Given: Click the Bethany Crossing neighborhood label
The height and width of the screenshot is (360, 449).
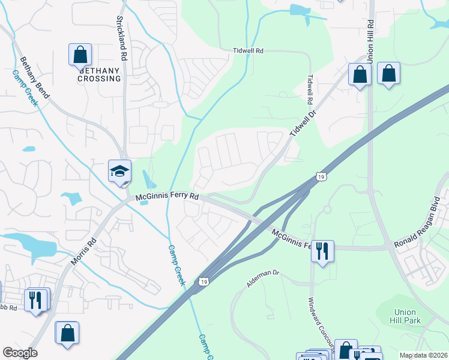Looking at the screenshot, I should tap(99, 74).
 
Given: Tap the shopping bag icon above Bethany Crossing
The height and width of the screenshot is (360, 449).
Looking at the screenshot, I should tap(80, 55).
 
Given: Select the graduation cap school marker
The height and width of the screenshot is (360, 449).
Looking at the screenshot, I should tap(119, 170).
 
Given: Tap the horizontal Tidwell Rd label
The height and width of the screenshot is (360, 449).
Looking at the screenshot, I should tap(248, 51).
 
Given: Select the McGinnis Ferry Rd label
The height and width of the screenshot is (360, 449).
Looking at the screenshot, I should tap(167, 196).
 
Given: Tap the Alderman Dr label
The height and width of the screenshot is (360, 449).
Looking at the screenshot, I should tap(264, 280).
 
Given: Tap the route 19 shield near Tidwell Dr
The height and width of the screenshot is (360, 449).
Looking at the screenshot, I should tap(322, 176).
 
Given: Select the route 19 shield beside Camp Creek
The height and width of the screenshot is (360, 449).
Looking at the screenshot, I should tap(205, 281).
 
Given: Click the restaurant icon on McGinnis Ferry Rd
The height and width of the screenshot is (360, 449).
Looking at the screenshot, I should tap(322, 250).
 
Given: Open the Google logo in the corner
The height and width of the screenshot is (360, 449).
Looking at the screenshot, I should tap(20, 353).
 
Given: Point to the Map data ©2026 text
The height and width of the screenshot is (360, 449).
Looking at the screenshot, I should tap(424, 355).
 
